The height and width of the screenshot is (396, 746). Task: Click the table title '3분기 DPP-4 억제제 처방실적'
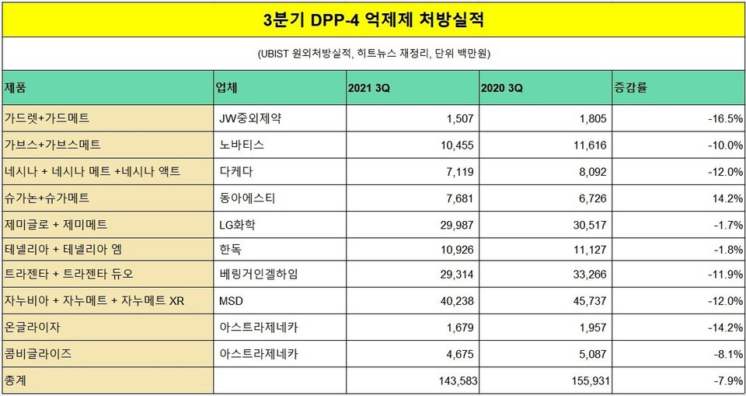(x=372, y=19)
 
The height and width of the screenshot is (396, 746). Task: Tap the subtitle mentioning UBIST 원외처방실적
(x=373, y=54)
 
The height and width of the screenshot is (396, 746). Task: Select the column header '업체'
(x=226, y=88)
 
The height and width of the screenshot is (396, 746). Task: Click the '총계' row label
(x=16, y=381)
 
